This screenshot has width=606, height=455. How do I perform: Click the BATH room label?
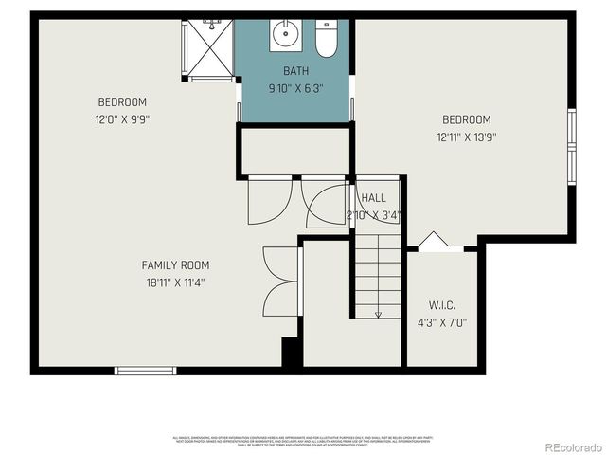click(x=295, y=71)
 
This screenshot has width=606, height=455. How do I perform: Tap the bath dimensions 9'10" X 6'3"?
click(x=295, y=88)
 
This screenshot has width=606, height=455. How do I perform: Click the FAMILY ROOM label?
click(x=175, y=265)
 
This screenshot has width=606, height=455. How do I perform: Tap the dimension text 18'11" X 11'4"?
click(x=175, y=282)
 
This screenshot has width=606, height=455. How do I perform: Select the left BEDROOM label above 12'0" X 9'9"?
click(x=122, y=102)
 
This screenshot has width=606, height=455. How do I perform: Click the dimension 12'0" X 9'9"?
click(x=122, y=119)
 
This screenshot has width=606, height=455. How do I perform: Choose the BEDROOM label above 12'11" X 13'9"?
click(x=467, y=119)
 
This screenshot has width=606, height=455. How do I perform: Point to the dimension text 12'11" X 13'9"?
click(x=467, y=136)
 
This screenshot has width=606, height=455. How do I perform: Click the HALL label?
click(x=373, y=197)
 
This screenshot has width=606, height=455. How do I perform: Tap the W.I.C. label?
click(x=442, y=305)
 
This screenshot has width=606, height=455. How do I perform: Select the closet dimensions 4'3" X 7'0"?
click(x=442, y=321)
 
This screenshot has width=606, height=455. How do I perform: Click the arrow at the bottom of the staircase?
click(x=378, y=314)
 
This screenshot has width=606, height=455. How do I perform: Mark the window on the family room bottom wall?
click(x=144, y=370)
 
